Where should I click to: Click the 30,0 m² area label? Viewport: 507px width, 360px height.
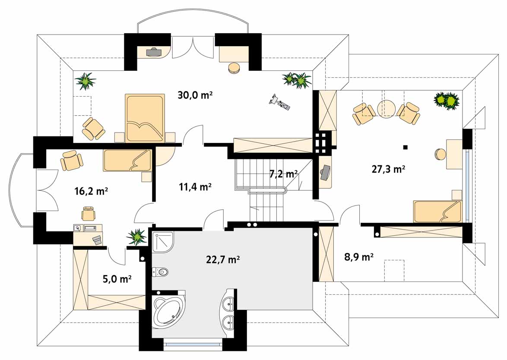click(195, 95)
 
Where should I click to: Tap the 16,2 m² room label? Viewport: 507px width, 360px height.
click(91, 191)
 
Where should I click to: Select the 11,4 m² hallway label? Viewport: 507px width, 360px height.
click(195, 187)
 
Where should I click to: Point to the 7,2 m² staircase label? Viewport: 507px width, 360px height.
click(283, 174)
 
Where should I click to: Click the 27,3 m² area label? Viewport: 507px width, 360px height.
click(388, 169)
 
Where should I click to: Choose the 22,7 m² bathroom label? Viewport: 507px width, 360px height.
click(223, 259)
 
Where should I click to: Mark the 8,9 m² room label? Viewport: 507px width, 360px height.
click(358, 257)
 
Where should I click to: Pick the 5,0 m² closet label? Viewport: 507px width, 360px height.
click(117, 278)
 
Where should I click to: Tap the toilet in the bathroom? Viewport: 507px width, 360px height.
click(160, 272)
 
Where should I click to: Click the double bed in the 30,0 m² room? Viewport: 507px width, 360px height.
click(145, 118)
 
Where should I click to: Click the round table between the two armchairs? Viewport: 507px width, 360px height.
click(387, 109)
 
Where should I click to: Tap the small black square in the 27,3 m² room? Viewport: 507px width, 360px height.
click(405, 147)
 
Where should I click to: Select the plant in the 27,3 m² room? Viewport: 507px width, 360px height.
click(447, 101)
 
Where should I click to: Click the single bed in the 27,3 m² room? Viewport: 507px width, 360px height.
click(437, 212)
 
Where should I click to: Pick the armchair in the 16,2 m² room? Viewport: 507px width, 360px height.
click(72, 160)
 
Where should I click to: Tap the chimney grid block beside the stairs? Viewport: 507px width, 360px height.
click(322, 142)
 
